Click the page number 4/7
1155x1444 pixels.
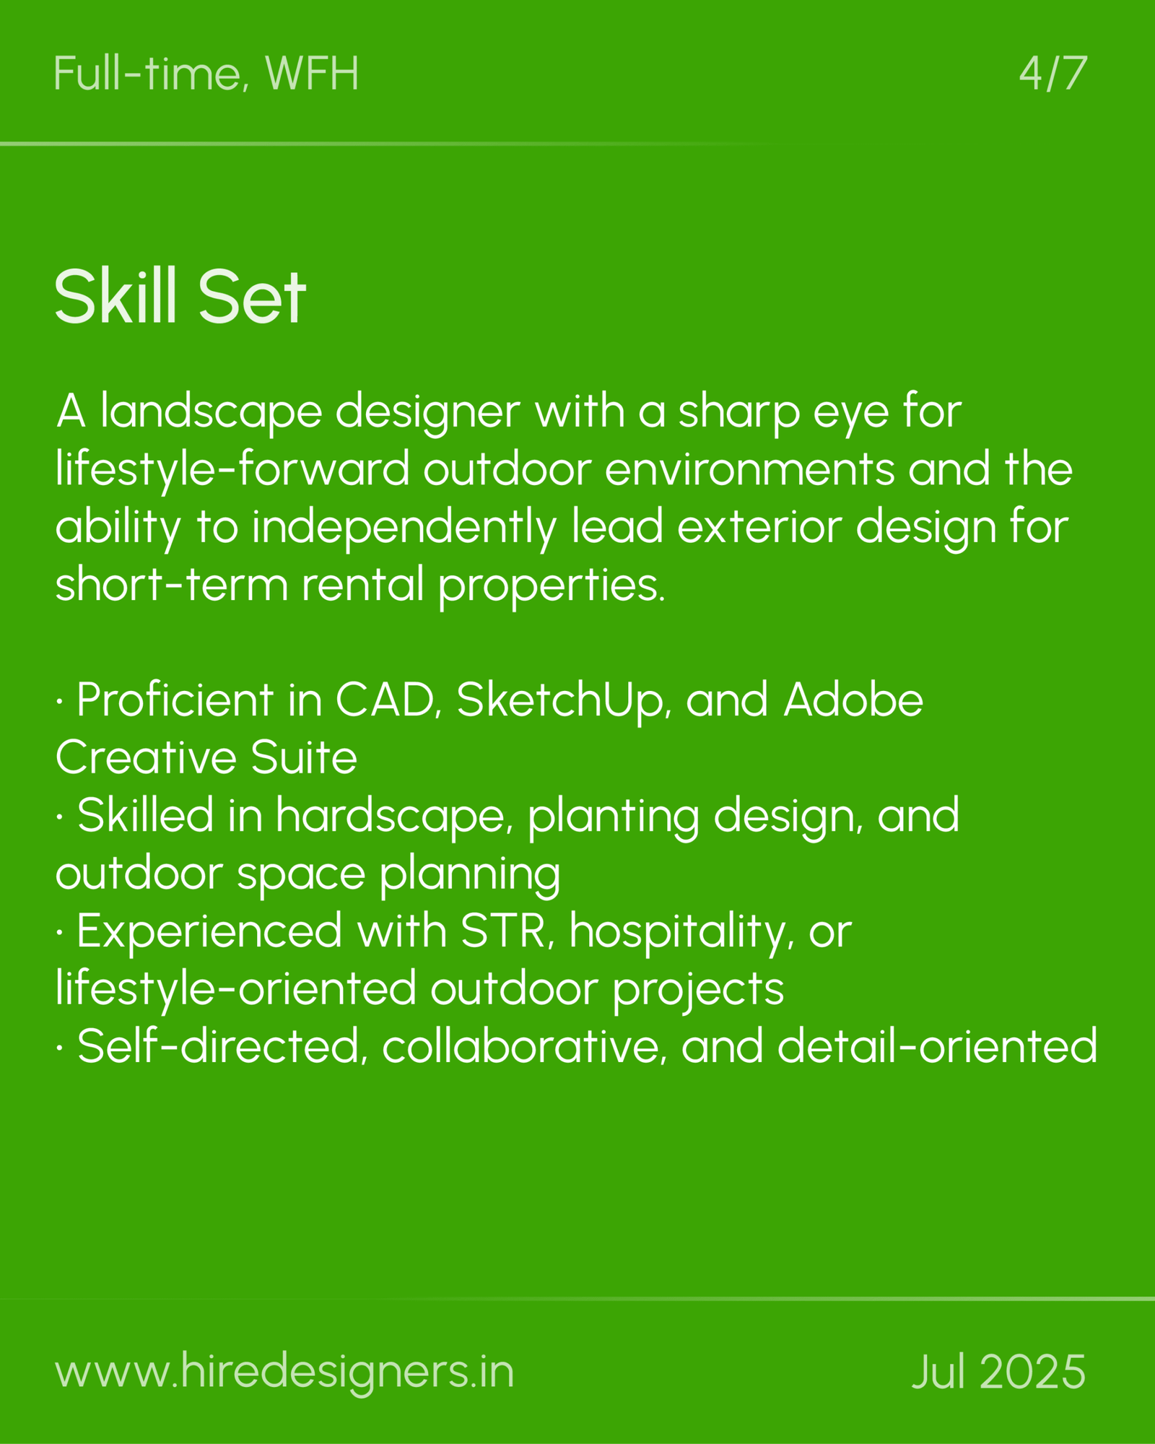1052,74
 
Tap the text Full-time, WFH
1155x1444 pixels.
206,74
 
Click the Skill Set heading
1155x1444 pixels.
180,297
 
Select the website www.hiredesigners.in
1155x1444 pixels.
284,1372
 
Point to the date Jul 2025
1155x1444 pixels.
999,1372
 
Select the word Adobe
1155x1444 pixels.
853,700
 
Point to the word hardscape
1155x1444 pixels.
394,817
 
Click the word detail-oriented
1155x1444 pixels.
937,1047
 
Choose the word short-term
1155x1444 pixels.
172,586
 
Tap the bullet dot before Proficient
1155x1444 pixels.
59,703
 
